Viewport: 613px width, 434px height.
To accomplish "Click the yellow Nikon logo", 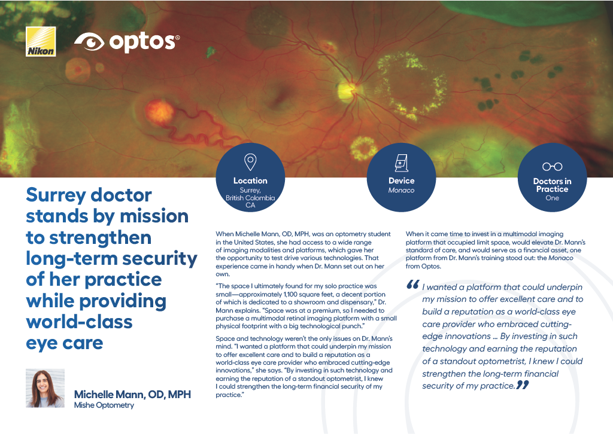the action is coord(41,42).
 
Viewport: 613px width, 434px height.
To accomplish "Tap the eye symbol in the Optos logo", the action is coord(89,42).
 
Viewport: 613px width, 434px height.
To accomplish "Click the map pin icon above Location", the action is coord(250,162).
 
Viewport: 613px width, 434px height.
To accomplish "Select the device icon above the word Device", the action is coord(402,163).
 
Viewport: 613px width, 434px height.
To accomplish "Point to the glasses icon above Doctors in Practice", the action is coord(552,167).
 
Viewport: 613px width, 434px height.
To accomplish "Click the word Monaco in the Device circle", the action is coord(401,191).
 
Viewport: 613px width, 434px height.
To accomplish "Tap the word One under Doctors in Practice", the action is coord(552,198).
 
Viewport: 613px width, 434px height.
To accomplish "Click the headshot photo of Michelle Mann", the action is coord(45,389).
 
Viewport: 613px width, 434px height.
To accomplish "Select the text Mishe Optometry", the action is coord(104,405).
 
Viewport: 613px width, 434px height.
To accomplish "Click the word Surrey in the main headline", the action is coord(55,195).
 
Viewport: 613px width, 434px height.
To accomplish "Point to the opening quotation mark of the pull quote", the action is coord(413,285).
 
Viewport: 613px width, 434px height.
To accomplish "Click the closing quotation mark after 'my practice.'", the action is coord(523,385).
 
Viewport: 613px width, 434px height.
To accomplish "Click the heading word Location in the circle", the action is coord(250,181).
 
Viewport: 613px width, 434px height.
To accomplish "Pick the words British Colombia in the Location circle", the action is coord(250,198).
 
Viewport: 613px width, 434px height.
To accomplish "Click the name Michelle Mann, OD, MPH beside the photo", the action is coord(132,395).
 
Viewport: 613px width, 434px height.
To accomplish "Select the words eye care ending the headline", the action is coord(65,343).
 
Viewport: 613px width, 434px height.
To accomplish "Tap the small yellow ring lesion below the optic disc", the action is coord(363,148).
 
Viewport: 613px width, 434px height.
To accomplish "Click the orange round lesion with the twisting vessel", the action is coord(159,112).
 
